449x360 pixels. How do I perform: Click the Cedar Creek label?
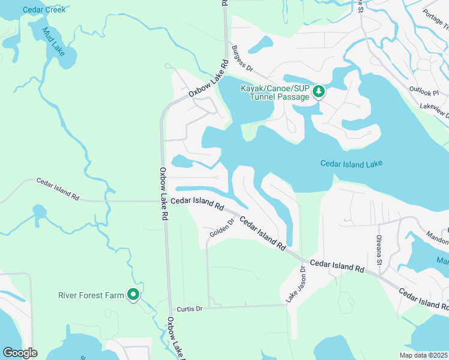click(44, 10)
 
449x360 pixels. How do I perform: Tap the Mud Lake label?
click(54, 43)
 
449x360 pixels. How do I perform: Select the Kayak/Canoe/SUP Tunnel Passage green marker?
click(319, 91)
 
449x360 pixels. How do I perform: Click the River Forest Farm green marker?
click(134, 295)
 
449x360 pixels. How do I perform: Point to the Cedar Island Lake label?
click(351, 163)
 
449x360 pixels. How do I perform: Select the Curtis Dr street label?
click(190, 309)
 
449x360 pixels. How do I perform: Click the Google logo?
click(20, 353)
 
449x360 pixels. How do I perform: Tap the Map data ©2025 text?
click(423, 355)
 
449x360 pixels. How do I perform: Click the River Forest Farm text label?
click(91, 295)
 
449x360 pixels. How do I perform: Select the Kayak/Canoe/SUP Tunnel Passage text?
click(275, 93)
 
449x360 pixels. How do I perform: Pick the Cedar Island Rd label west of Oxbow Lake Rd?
click(58, 188)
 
